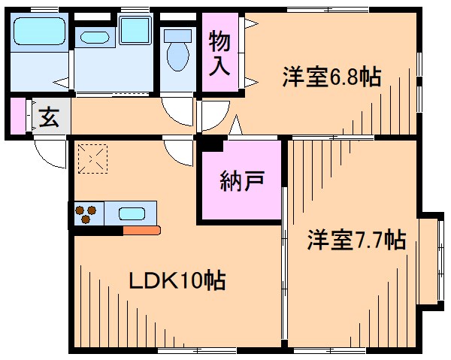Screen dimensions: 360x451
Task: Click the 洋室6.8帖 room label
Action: [x=331, y=77]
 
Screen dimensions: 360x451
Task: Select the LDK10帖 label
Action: [x=177, y=281]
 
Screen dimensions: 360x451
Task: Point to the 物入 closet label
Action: [x=219, y=53]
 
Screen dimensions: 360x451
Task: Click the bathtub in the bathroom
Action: [x=40, y=34]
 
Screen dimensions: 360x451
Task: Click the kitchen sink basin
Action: [x=132, y=213]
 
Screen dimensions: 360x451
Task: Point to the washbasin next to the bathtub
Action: [x=94, y=36]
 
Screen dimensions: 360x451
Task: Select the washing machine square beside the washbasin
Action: [x=136, y=31]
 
